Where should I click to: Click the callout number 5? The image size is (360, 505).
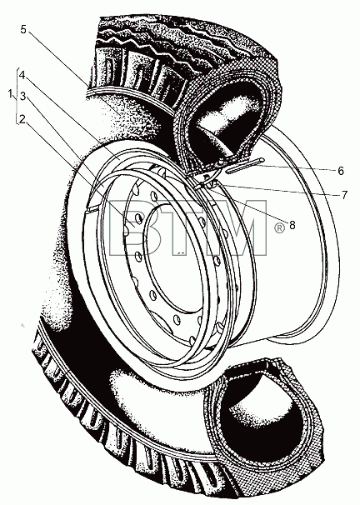[23, 29]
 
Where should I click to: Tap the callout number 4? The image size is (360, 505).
[22, 75]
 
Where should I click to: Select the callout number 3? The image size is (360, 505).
[22, 96]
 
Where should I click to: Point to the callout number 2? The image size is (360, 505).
[22, 119]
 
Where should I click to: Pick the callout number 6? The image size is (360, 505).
[341, 171]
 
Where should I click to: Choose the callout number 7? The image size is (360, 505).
[344, 194]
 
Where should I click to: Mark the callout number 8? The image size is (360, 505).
[292, 225]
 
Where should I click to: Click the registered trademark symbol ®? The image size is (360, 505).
[280, 228]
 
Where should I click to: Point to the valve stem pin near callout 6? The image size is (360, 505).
[245, 166]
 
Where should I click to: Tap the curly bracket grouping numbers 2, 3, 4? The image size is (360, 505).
[17, 96]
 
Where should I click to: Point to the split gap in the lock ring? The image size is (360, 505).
[91, 209]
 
